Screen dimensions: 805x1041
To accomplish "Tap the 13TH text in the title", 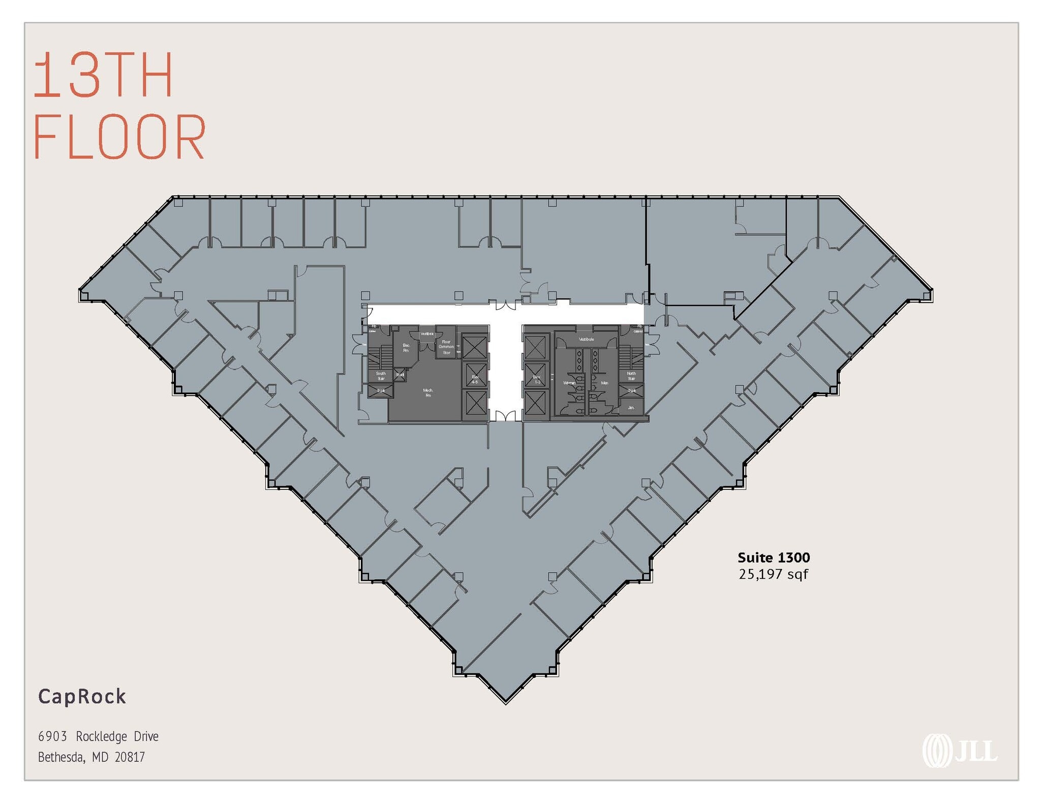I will click(x=103, y=75).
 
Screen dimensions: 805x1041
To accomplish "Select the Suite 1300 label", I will click(x=774, y=557).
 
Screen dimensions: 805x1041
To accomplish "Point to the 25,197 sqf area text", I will click(x=773, y=574).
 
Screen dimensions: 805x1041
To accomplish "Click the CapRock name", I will click(x=82, y=696).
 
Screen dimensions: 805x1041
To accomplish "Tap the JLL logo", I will click(x=960, y=751).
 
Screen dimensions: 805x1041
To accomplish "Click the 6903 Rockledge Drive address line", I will click(x=98, y=736).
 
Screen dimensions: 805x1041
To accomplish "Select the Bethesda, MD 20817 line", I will click(x=91, y=757).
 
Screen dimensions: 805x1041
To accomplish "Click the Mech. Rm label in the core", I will click(x=428, y=393).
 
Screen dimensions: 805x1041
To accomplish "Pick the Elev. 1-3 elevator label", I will click(x=537, y=379).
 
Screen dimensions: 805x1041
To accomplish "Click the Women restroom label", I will click(x=569, y=383).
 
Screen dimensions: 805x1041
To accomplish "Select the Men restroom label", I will click(x=604, y=383).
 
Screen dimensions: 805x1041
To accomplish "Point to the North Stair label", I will click(x=631, y=376).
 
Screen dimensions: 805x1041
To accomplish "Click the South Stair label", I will click(x=381, y=376).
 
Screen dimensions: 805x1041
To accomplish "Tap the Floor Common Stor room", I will click(x=446, y=347).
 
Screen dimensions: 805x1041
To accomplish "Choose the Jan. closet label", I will click(x=631, y=407).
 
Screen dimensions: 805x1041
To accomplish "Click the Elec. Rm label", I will click(x=406, y=348).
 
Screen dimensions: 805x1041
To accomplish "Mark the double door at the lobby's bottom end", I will click(x=505, y=416).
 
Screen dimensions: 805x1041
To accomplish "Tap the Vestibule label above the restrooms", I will click(x=586, y=339).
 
